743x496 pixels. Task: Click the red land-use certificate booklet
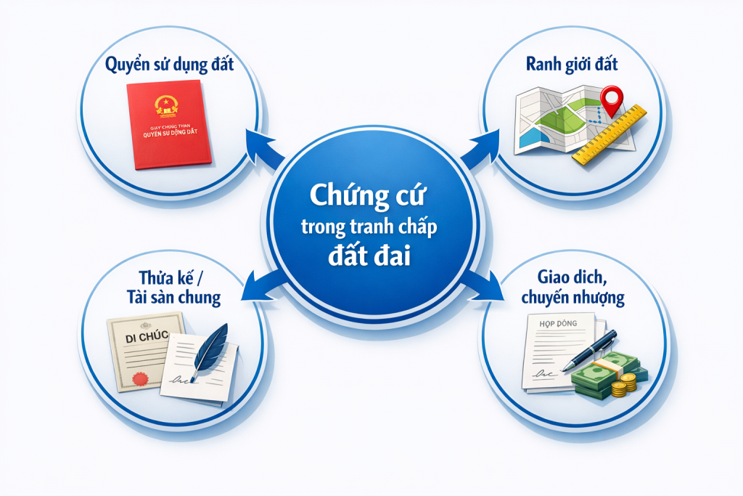tap(168, 125)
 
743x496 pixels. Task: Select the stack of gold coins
tap(623, 384)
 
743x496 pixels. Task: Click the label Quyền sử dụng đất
tap(170, 65)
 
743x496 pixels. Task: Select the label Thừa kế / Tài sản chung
tap(172, 287)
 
